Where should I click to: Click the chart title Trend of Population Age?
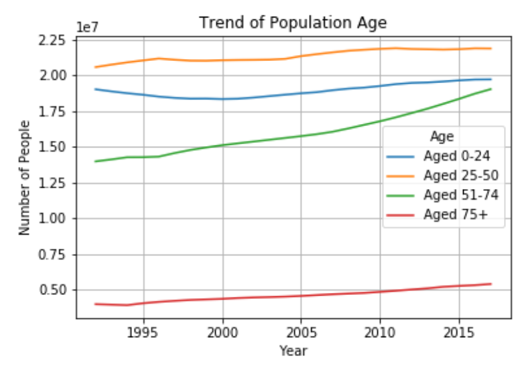click(293, 23)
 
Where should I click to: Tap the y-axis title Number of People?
click(25, 178)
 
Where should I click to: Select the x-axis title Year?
click(293, 350)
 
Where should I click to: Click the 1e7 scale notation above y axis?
click(87, 27)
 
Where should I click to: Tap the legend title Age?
click(442, 137)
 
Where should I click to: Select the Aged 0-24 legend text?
click(456, 156)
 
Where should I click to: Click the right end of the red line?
click(491, 284)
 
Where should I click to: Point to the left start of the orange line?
click(95, 67)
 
